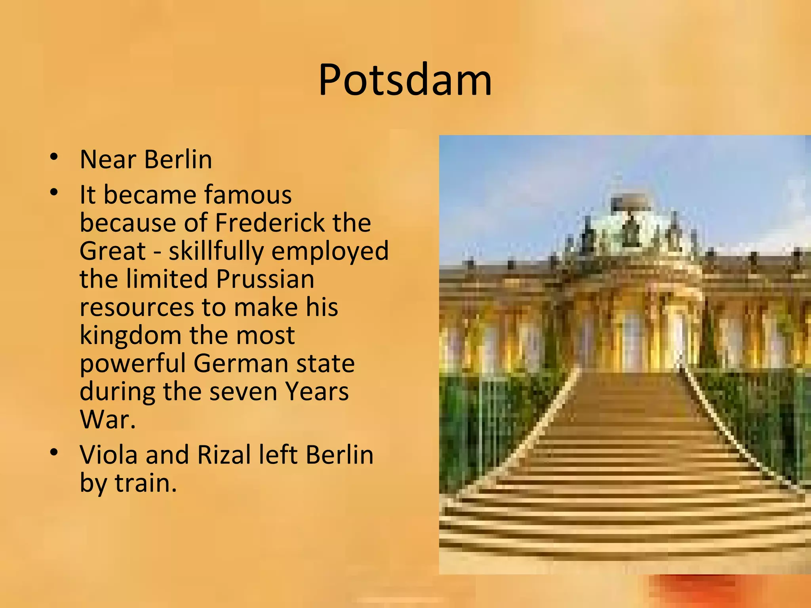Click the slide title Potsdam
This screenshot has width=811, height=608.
coord(405,80)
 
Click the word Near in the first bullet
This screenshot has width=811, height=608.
coord(108,160)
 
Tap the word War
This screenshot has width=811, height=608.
coord(107,420)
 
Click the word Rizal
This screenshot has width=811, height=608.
coord(225,454)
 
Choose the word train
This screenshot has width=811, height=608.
coord(145,483)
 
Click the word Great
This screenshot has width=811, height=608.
coord(113,251)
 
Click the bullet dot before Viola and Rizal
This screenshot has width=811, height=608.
coord(55,452)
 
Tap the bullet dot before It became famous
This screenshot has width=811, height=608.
coord(55,193)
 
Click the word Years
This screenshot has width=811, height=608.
coord(317,391)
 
